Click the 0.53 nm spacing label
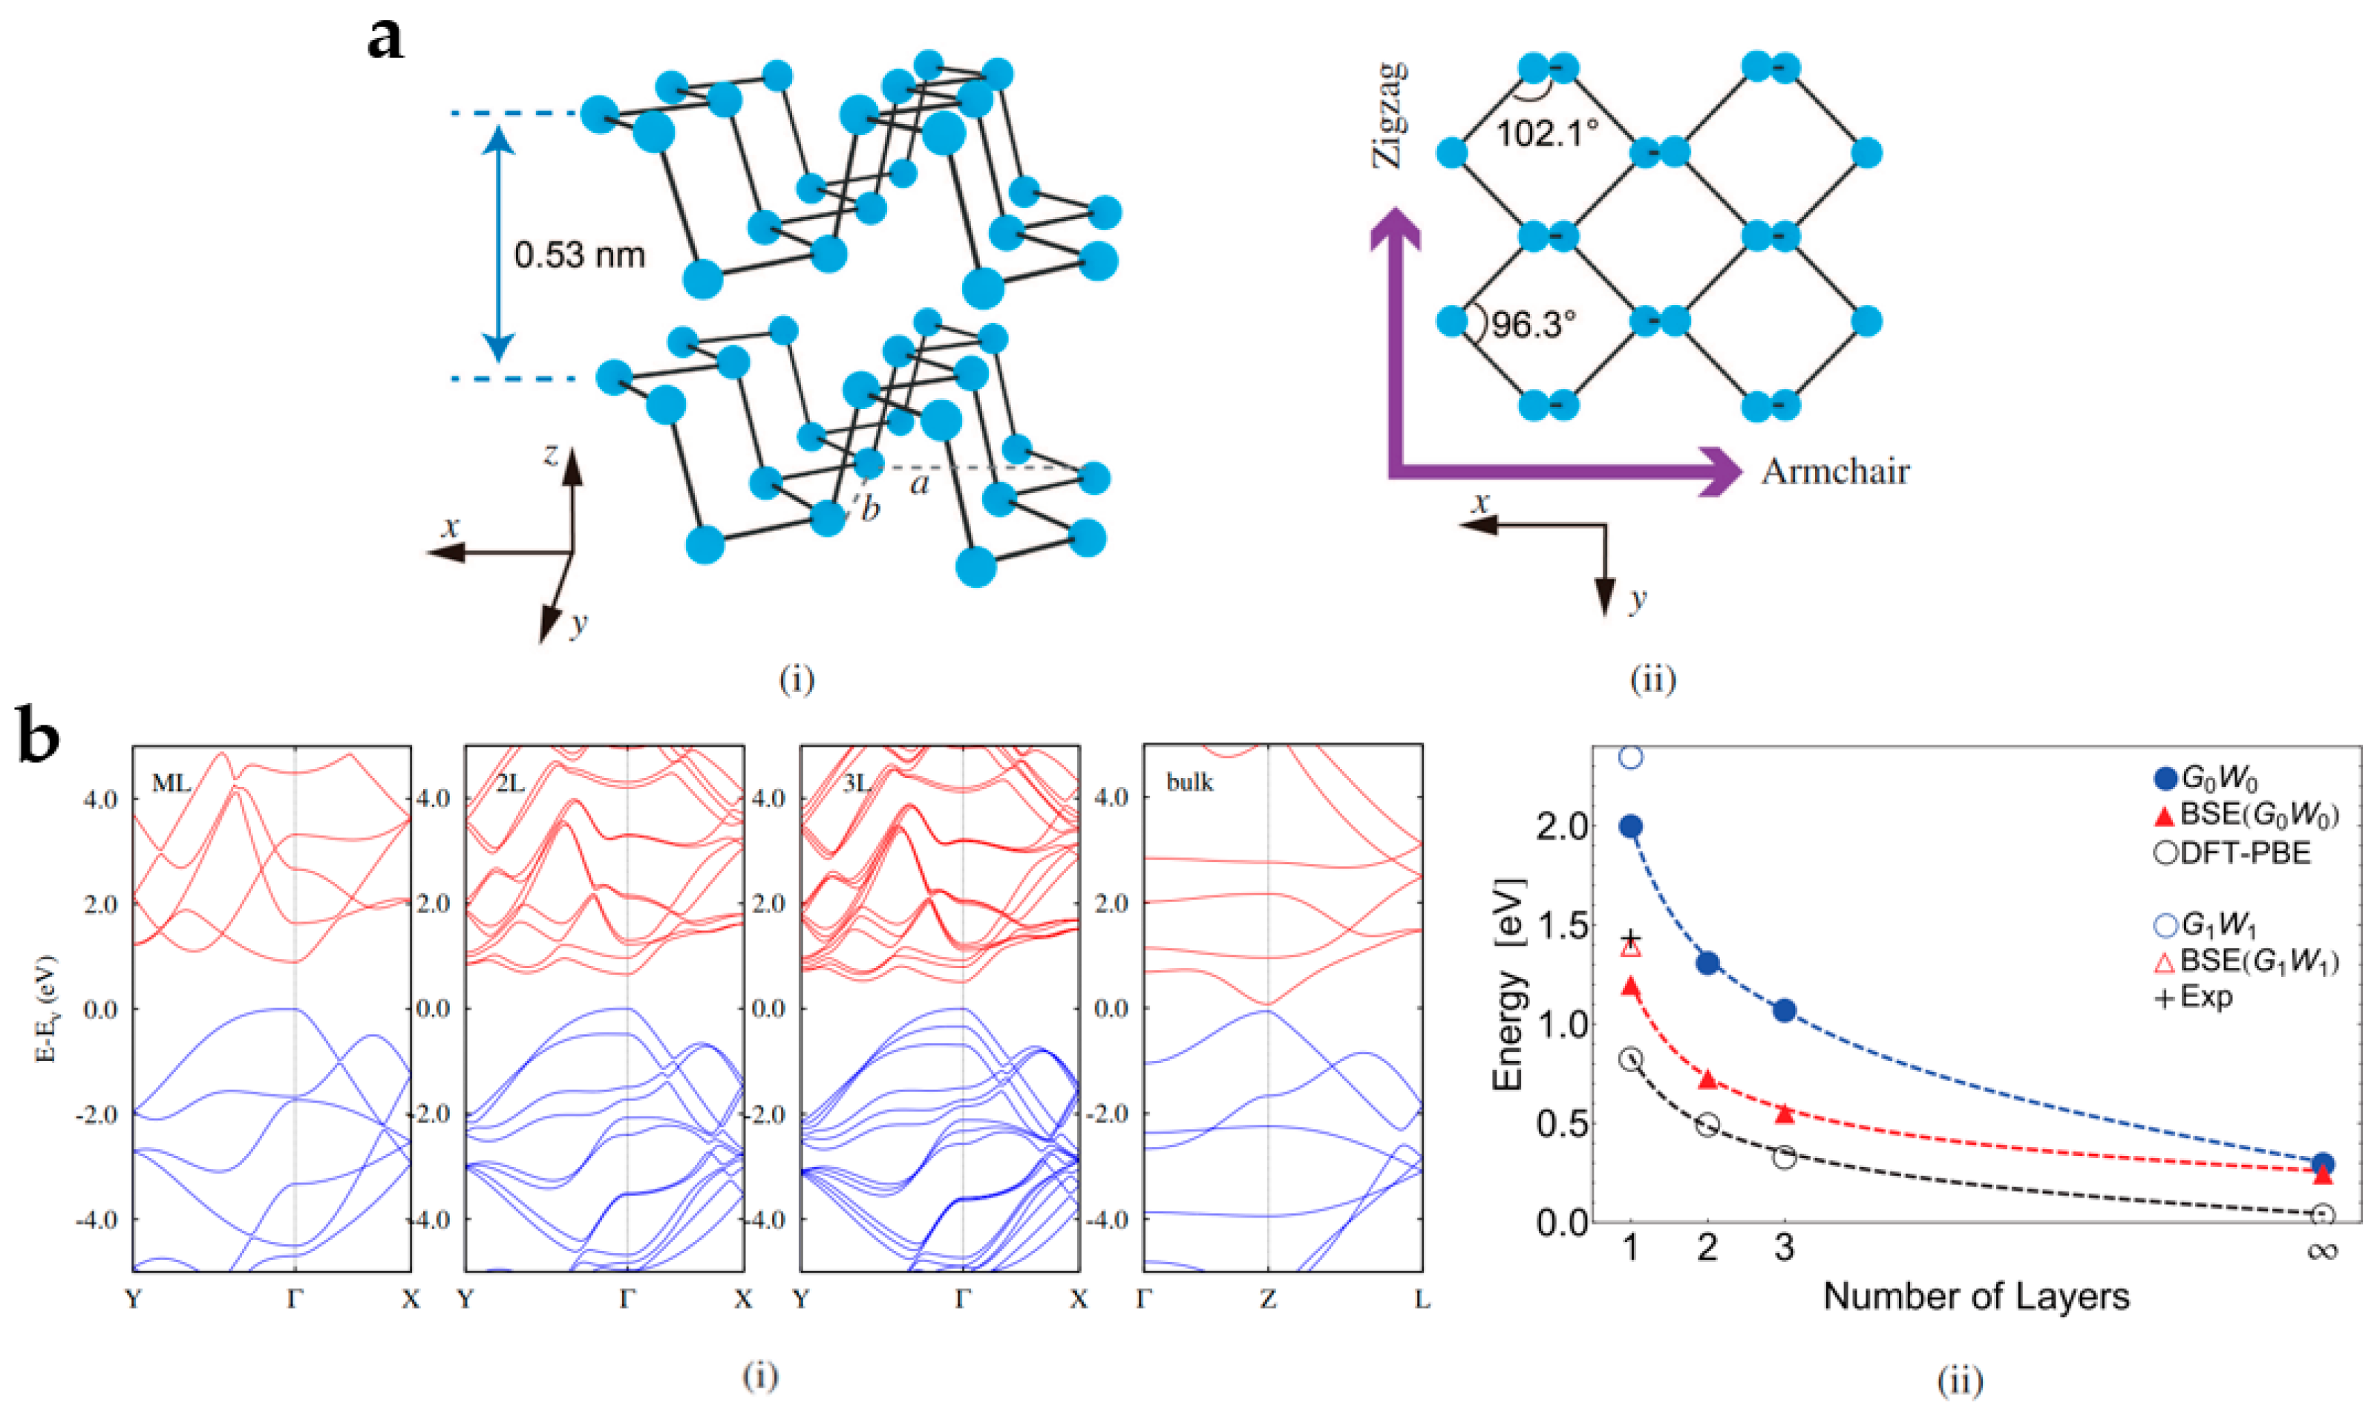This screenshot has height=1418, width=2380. point(579,255)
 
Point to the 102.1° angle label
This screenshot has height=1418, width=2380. point(1546,133)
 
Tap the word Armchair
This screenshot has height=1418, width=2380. point(1834,472)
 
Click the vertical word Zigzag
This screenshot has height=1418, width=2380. point(1390,114)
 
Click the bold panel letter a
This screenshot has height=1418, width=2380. point(385,40)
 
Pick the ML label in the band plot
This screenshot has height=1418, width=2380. point(171,783)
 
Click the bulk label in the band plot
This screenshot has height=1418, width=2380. point(1189,782)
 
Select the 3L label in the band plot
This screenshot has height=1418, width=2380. point(857,782)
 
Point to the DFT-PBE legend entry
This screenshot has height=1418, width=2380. point(2232,852)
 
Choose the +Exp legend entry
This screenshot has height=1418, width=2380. point(2194,998)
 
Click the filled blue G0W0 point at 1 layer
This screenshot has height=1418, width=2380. point(1631,826)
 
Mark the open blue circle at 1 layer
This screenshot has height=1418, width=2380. point(1631,758)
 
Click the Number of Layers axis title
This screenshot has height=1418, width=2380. point(1976,1297)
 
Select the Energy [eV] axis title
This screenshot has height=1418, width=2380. point(1510,984)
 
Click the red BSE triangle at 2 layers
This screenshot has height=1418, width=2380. point(1707,1079)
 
